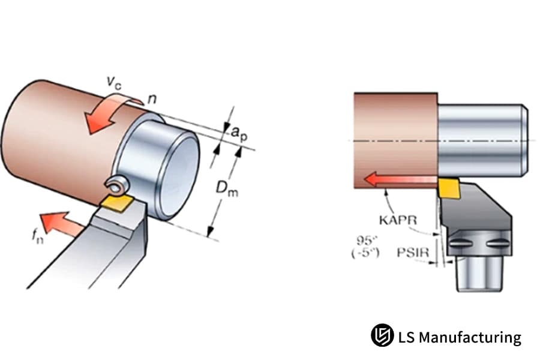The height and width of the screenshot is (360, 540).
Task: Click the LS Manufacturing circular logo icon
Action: (382, 335)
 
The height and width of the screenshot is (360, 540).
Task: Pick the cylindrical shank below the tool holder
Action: (478, 273)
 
